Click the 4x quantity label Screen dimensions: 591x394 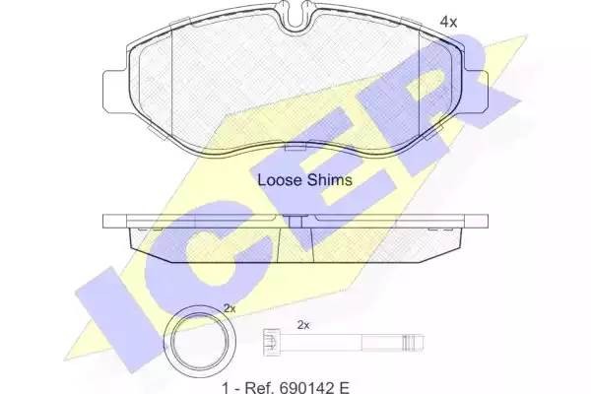click(x=448, y=23)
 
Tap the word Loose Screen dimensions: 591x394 click(x=280, y=180)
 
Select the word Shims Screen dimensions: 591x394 click(x=329, y=180)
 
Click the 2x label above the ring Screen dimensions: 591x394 click(x=230, y=308)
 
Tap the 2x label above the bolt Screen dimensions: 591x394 click(x=303, y=325)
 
